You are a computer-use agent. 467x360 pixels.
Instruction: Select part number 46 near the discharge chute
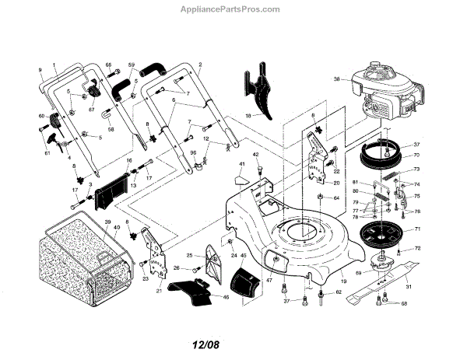226,297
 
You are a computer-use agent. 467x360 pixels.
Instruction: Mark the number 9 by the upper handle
39,70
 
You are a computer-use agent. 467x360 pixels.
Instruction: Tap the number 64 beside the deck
336,198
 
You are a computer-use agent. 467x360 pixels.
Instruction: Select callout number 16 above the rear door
129,159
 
